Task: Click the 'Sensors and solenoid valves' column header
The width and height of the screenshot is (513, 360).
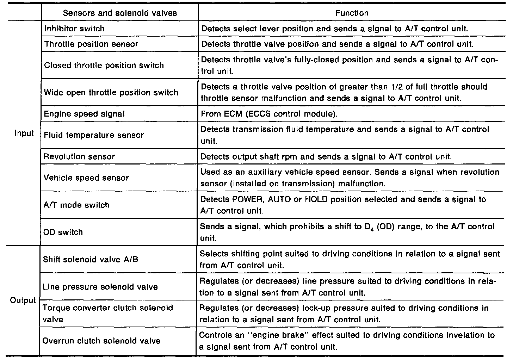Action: click(120, 13)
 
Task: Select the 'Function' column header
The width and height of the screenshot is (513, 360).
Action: click(352, 13)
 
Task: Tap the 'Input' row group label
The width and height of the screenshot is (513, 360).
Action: click(24, 133)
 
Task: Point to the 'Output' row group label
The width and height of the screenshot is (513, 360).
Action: click(23, 300)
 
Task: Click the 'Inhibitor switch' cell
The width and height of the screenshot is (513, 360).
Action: click(74, 29)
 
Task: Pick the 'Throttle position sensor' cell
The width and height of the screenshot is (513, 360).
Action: click(91, 44)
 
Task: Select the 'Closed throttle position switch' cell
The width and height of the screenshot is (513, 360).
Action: click(104, 65)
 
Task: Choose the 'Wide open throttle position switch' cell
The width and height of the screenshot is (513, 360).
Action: click(111, 92)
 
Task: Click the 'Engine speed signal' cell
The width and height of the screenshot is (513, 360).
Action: click(85, 114)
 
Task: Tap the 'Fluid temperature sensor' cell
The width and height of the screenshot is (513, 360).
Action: click(94, 135)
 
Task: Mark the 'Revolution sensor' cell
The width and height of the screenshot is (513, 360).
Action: click(79, 156)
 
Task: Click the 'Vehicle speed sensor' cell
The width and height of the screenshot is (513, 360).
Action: click(86, 178)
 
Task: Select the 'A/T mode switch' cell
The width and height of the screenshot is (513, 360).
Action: click(76, 205)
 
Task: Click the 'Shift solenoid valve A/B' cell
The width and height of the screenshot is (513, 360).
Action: click(90, 259)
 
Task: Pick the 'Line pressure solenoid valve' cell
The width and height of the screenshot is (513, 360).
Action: click(100, 287)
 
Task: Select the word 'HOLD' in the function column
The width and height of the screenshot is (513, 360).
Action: click(316, 199)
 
